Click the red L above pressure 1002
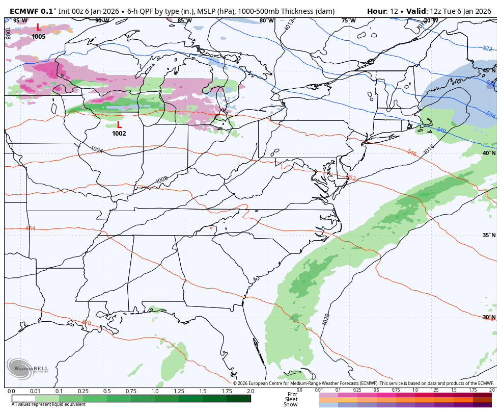tap(119, 124)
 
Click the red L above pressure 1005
tap(39, 28)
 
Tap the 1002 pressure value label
tap(119, 134)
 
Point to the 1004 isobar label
tap(97, 149)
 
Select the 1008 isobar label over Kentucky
tap(162, 180)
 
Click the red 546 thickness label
tap(412, 152)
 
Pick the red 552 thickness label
tap(351, 178)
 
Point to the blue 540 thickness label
tap(441, 131)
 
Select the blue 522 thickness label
tap(487, 48)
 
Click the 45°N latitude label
tap(489, 71)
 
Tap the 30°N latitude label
tap(489, 317)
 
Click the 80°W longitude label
tap(266, 21)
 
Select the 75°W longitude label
tap(348, 21)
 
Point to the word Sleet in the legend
tap(291, 399)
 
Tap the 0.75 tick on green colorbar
tap(131, 391)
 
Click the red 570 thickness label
tap(87, 323)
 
